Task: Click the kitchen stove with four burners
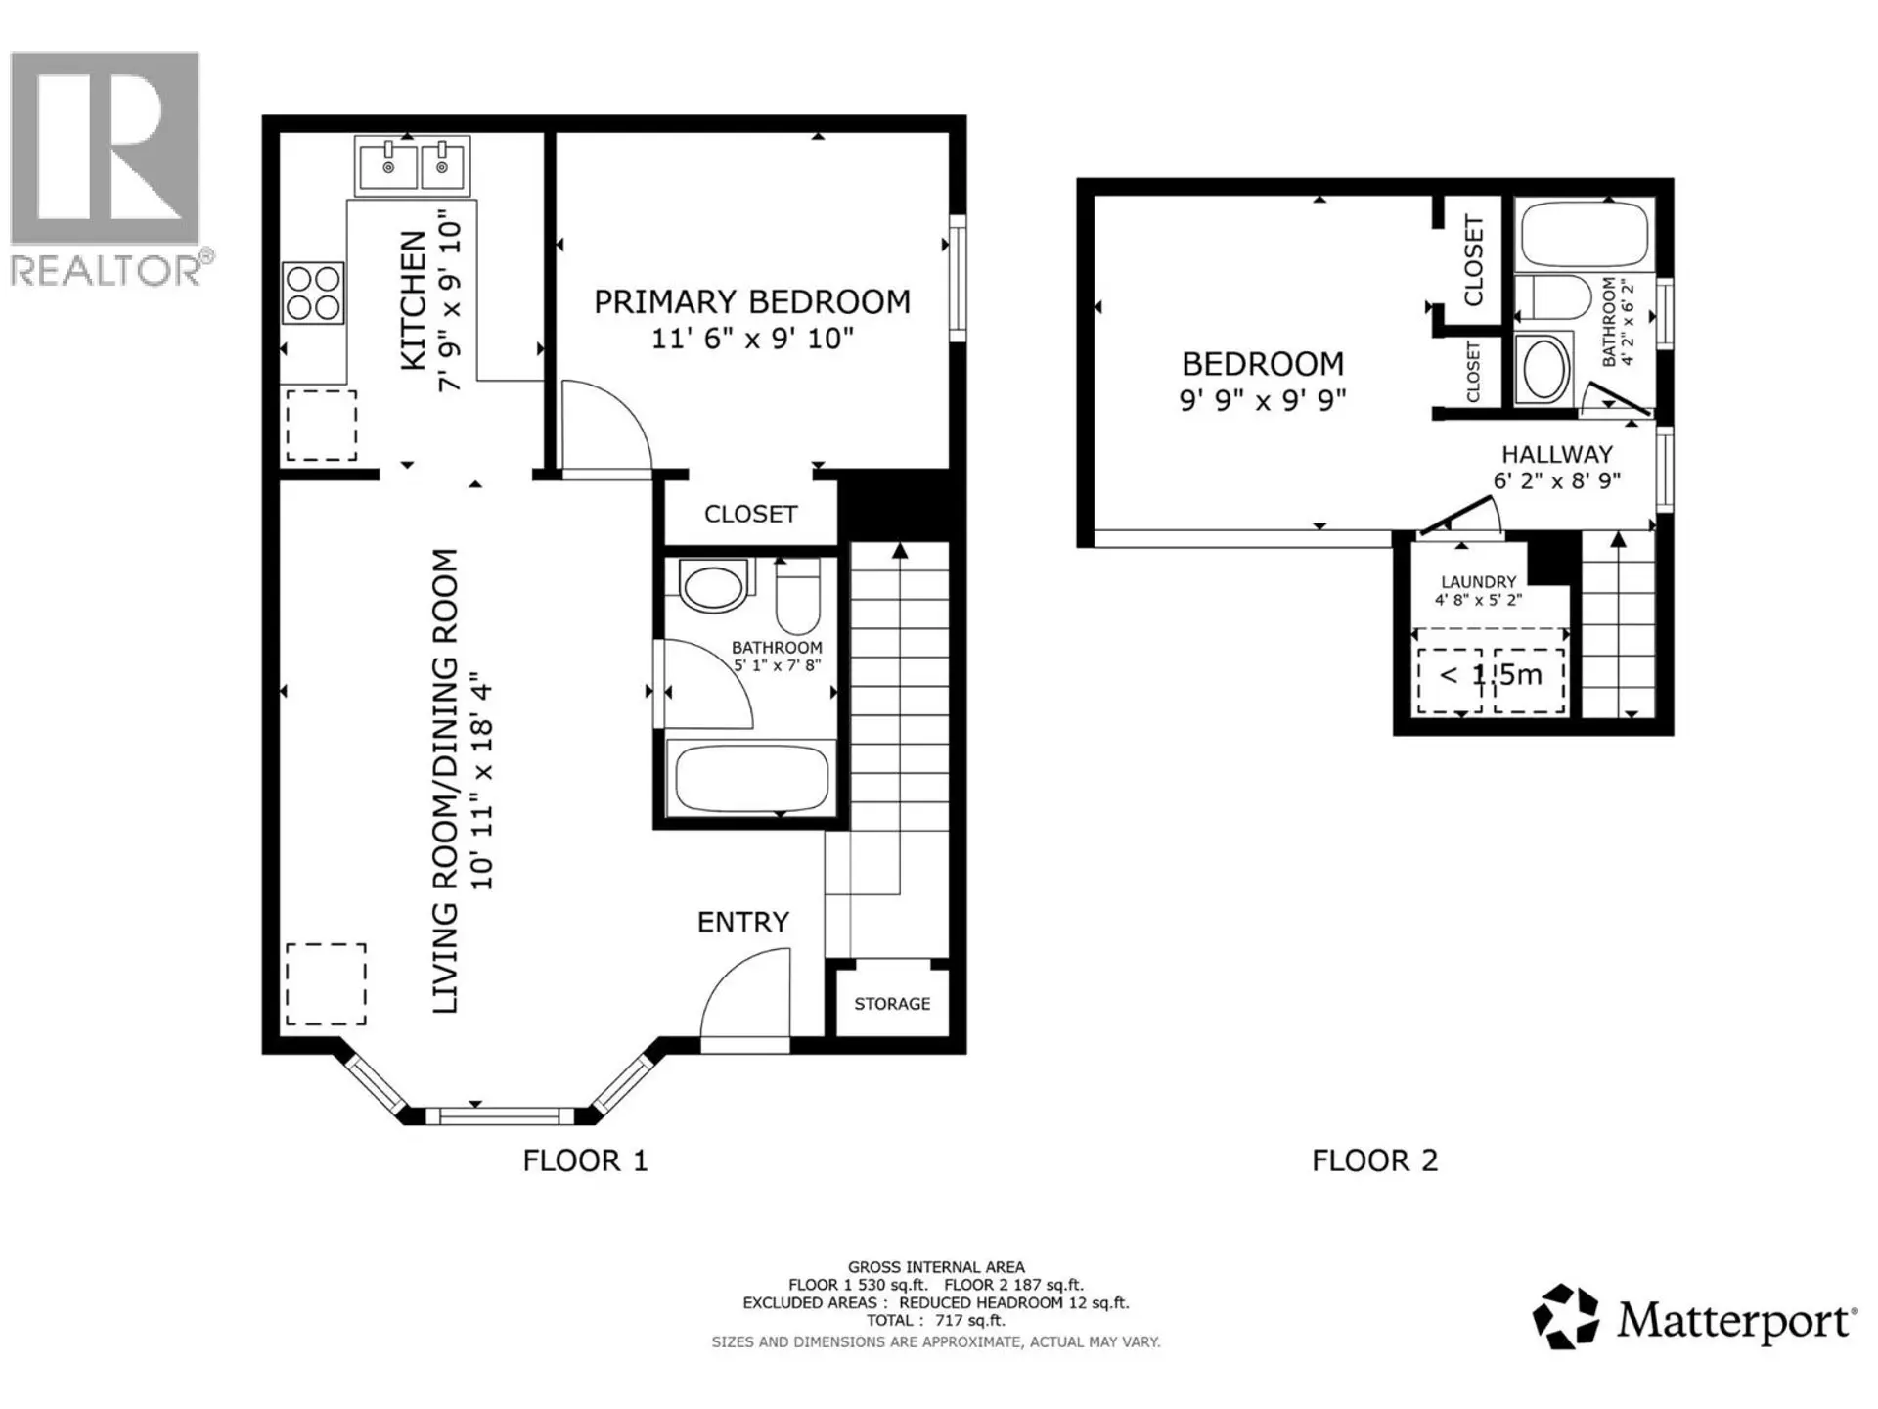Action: [x=313, y=293]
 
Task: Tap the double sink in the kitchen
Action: [x=414, y=165]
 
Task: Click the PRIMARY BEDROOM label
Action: [x=751, y=301]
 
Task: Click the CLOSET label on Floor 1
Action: [x=750, y=514]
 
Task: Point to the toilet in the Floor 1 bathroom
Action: [x=798, y=598]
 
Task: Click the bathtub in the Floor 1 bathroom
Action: [x=750, y=779]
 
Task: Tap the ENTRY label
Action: [x=742, y=922]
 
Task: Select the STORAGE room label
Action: [x=891, y=1004]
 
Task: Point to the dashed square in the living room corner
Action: [x=326, y=983]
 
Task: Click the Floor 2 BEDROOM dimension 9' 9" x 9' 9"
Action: [x=1262, y=400]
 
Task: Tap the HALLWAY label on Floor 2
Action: [x=1556, y=454]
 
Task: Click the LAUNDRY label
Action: [x=1478, y=581]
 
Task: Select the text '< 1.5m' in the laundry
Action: [x=1491, y=674]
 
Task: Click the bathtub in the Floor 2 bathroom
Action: [x=1584, y=234]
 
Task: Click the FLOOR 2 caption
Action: [x=1374, y=1160]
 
